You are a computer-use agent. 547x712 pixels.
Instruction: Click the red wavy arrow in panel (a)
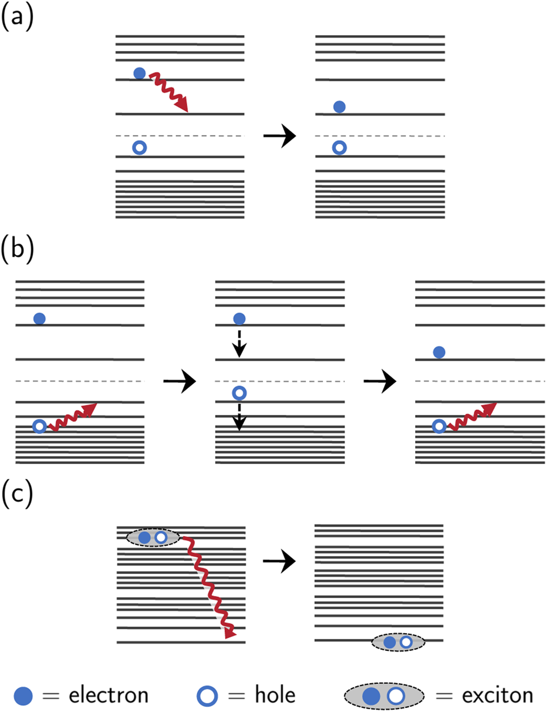pyautogui.click(x=169, y=92)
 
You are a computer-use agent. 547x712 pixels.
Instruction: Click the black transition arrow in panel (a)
pyautogui.click(x=279, y=136)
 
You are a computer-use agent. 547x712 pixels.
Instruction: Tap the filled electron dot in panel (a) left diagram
pyautogui.click(x=139, y=73)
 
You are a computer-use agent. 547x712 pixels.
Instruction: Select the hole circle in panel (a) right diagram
pyautogui.click(x=340, y=148)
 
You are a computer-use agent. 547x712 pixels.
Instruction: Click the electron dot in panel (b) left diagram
pyautogui.click(x=39, y=318)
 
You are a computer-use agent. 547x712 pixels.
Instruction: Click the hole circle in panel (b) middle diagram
pyautogui.click(x=239, y=394)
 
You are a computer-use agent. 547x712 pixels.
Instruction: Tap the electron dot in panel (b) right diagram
pyautogui.click(x=439, y=352)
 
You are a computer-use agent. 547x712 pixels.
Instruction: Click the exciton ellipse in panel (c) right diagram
pyautogui.click(x=398, y=642)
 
